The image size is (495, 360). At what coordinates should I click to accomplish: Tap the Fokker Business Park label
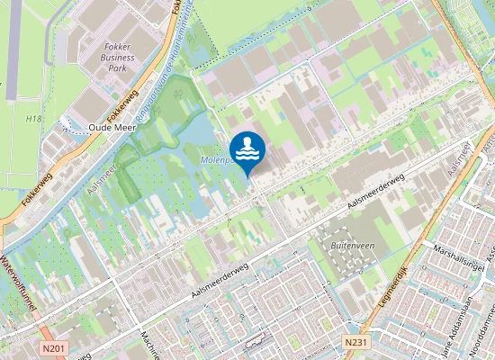118,58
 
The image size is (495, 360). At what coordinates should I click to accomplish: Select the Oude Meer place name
112,128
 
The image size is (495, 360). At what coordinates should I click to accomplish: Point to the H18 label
34,119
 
